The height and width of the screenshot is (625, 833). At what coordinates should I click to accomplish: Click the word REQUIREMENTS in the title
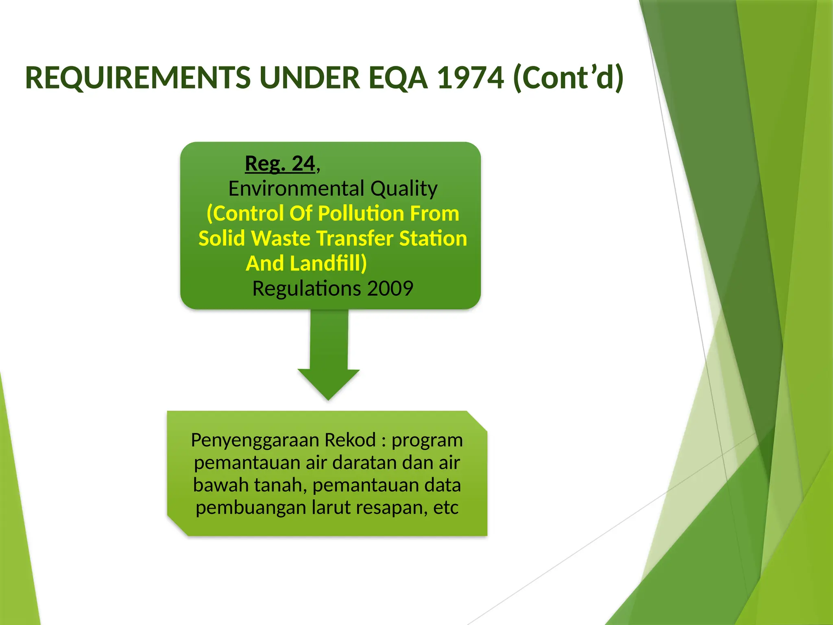coord(138,78)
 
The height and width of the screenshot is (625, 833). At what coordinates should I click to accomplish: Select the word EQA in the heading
coord(398,78)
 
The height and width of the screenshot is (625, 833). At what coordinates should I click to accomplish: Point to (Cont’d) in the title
coord(568,78)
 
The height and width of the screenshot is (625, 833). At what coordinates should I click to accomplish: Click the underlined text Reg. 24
coord(280,164)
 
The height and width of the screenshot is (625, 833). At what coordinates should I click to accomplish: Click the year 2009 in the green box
coord(390,288)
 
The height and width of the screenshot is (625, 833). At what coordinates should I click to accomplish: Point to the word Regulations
coord(306,288)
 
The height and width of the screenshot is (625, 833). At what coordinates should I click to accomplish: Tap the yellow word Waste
coord(281,238)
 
